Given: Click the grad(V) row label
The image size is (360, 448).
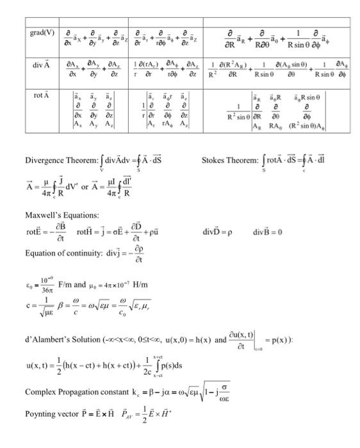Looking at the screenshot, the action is coord(37,32).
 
